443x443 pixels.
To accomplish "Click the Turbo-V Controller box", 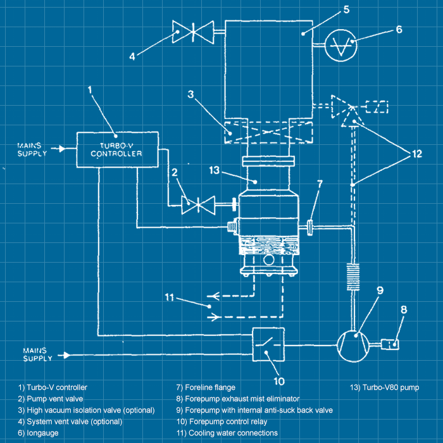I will pyautogui.click(x=116, y=149).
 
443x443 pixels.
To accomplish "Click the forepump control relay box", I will pyautogui.click(x=268, y=345).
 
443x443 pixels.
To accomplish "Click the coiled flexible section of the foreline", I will pyautogui.click(x=353, y=278).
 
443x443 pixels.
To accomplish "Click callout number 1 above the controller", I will pyautogui.click(x=90, y=90).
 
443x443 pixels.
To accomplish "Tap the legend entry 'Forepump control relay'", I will pyautogui.click(x=221, y=421).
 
